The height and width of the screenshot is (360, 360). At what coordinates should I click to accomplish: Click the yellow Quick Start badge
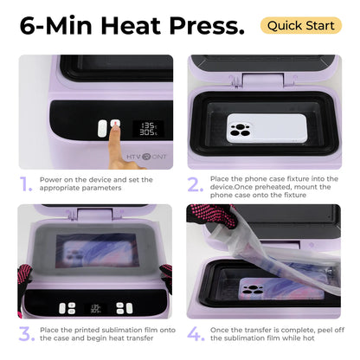(300, 25)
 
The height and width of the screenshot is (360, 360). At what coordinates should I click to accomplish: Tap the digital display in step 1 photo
(148, 129)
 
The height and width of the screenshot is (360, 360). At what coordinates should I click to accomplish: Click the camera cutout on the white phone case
(240, 131)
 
